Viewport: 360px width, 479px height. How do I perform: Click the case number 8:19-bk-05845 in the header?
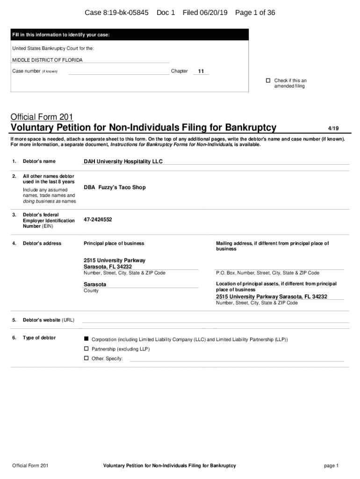(126, 13)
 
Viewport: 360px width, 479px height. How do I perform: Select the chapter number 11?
(201, 72)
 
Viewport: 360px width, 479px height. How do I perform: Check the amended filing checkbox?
(268, 80)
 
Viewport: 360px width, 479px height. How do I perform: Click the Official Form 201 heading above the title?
(42, 116)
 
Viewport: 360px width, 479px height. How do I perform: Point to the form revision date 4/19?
(333, 128)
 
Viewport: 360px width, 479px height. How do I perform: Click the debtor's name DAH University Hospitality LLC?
(123, 161)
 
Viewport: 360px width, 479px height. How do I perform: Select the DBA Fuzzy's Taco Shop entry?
(115, 188)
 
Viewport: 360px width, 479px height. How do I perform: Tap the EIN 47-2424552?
(98, 219)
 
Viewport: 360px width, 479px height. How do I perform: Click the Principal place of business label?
(114, 243)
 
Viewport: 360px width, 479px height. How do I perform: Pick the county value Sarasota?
(95, 284)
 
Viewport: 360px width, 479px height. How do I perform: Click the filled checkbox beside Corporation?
(86, 339)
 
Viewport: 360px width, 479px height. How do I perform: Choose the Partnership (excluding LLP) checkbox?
(86, 349)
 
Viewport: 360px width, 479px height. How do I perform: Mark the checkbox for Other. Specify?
(86, 358)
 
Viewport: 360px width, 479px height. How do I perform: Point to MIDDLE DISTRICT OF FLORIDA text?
(47, 60)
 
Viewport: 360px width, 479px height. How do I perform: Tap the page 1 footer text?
(331, 465)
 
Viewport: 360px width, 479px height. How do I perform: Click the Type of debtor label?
(39, 338)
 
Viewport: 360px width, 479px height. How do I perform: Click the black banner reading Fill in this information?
(130, 35)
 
